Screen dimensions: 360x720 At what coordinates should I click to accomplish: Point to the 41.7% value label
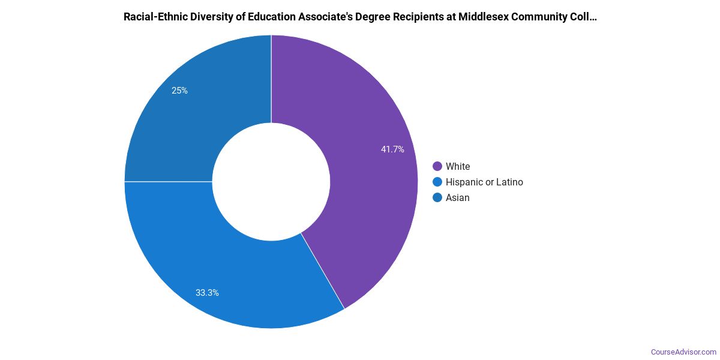pyautogui.click(x=392, y=149)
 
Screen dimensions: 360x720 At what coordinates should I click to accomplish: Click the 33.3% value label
pyautogui.click(x=207, y=293)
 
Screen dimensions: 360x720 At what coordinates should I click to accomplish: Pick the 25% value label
pyautogui.click(x=179, y=91)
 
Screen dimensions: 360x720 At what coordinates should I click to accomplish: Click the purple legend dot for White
pyautogui.click(x=437, y=166)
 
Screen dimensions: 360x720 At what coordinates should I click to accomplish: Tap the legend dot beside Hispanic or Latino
pyautogui.click(x=437, y=182)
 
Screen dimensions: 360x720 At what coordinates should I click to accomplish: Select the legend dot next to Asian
pyautogui.click(x=437, y=197)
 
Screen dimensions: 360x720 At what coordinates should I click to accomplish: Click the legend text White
pyautogui.click(x=458, y=166)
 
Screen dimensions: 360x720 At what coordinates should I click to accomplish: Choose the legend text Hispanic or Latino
pyautogui.click(x=484, y=182)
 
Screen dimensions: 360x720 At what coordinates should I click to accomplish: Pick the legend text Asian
pyautogui.click(x=458, y=197)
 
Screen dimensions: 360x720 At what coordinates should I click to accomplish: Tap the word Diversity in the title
pyautogui.click(x=207, y=17)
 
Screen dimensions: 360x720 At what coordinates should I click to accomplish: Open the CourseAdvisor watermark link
pyautogui.click(x=683, y=352)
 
